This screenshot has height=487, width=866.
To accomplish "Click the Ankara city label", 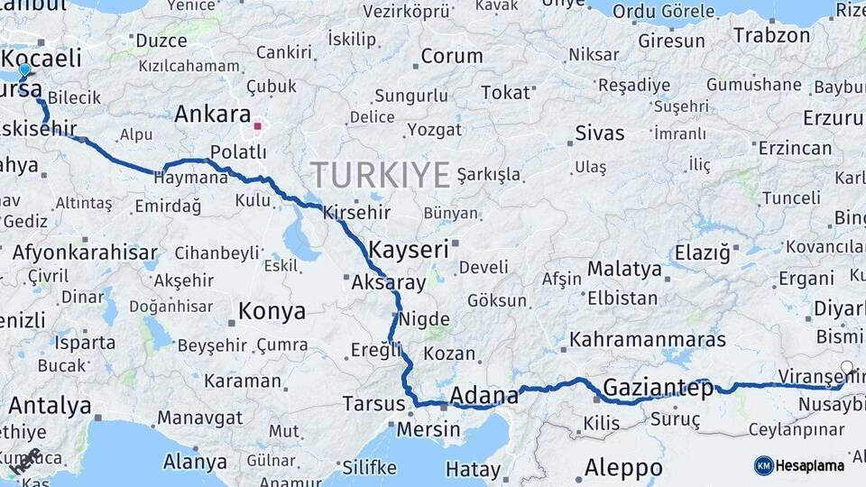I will point(212,115).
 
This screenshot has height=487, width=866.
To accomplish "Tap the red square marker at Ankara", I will point(257,126).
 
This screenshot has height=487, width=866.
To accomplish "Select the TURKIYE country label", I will point(380,173).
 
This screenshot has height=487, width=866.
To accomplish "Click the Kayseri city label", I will point(410,249).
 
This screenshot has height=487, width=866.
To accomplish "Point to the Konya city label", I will point(272,312).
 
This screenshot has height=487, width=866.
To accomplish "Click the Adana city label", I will point(484,395).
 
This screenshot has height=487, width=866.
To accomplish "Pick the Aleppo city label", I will point(623,468).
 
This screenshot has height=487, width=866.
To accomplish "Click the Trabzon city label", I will point(771,35).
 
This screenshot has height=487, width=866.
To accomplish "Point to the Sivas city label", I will point(599,133).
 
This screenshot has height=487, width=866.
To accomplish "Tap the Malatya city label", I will point(624,268).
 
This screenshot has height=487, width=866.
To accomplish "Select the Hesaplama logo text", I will point(811,465).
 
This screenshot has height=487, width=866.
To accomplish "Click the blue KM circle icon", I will point(764,465).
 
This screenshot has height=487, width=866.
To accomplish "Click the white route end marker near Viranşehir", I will point(846,367).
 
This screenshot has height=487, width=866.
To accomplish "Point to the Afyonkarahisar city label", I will point(85,252).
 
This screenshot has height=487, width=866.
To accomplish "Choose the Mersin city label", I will point(428,428).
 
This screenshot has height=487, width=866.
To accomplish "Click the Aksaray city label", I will point(389,282).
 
